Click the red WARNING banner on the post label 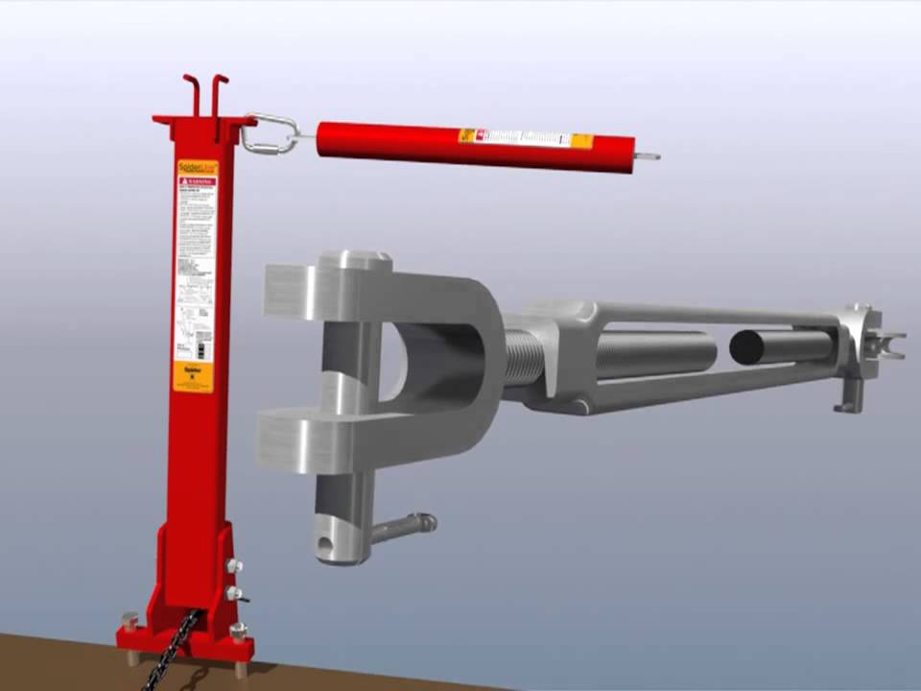(197, 181)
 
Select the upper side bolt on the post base (233, 566)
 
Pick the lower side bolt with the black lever (234, 595)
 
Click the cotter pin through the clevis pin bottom (403, 527)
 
